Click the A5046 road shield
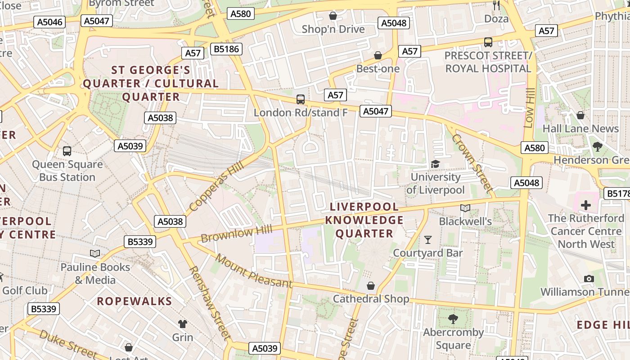click(50, 22)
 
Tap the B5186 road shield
click(227, 49)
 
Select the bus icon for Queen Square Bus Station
click(67, 151)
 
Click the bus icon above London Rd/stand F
click(300, 99)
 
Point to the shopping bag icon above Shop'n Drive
click(333, 16)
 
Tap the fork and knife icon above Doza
click(496, 5)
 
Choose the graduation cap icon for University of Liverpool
click(435, 164)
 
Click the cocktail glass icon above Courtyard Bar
click(428, 239)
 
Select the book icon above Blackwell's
click(465, 208)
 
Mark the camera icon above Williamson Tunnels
click(589, 279)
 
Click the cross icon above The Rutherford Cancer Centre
click(585, 205)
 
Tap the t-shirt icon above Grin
click(182, 324)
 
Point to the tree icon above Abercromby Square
click(453, 319)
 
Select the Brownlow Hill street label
click(237, 234)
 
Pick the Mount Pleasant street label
click(253, 271)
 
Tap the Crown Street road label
click(472, 162)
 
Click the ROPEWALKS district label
click(135, 301)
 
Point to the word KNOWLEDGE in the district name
click(364, 220)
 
